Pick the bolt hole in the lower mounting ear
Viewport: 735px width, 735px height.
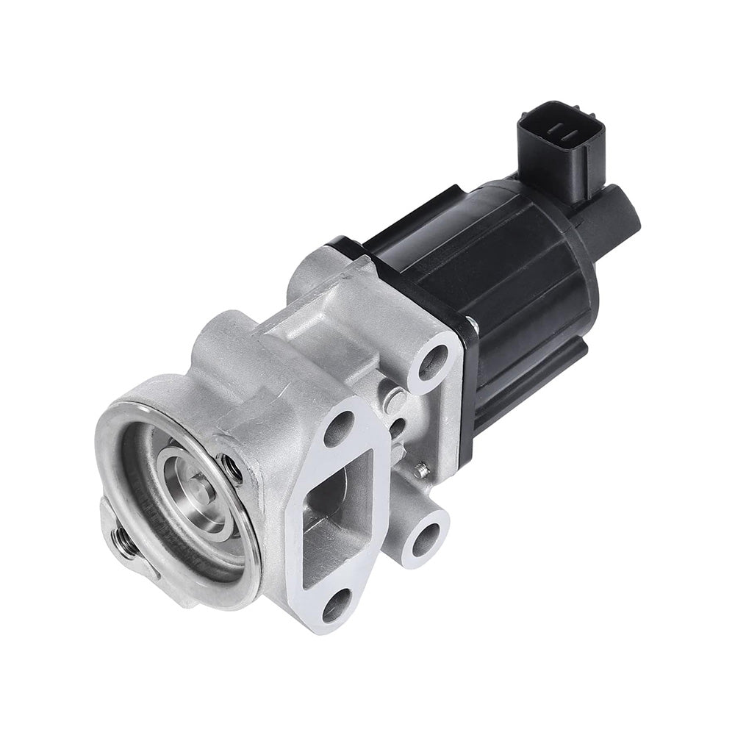(x=427, y=539)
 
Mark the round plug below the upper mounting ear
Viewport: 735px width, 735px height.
(x=395, y=401)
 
